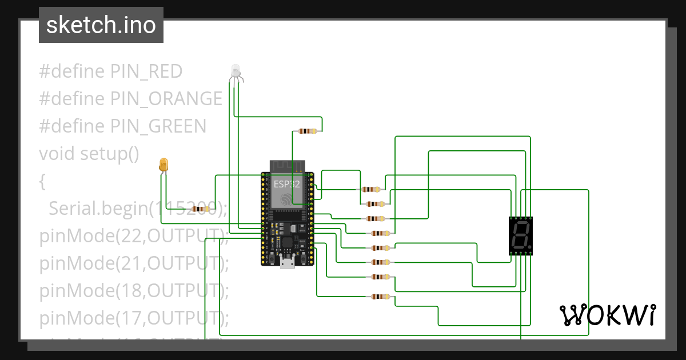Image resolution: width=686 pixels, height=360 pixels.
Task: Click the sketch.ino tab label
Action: tap(101, 25)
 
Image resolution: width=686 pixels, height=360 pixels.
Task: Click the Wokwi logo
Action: tap(607, 315)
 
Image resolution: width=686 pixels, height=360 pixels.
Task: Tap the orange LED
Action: tap(163, 165)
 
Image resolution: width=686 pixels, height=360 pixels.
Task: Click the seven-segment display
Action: tap(521, 235)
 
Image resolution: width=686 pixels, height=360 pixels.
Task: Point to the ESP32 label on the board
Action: tap(286, 184)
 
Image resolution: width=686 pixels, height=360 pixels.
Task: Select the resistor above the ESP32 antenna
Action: tap(308, 131)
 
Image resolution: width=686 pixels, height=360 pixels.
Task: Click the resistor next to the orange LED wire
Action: tap(201, 210)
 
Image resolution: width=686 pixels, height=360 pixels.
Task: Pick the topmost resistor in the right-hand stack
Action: tap(372, 189)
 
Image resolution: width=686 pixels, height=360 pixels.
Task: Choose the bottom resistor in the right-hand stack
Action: tap(380, 297)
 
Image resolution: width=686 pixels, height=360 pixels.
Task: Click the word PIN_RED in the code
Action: tap(146, 71)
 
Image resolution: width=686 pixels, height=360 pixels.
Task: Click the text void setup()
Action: tap(89, 154)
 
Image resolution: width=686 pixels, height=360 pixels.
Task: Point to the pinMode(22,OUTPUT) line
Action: tap(133, 236)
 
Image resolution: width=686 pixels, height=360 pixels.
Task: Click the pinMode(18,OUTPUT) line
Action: tap(133, 291)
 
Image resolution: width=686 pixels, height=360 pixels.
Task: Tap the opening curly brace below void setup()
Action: tap(42, 182)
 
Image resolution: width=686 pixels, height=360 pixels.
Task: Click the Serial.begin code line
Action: tap(137, 209)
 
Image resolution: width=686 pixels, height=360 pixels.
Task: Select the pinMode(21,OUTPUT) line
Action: tap(133, 263)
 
